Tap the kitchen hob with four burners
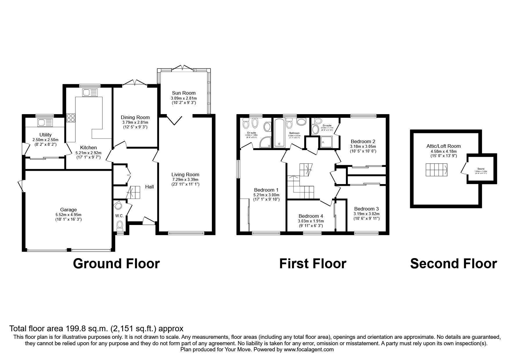71,118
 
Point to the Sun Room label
184,93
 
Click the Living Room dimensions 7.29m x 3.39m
185,179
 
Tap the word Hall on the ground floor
149,187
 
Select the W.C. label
119,216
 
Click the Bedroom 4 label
311,216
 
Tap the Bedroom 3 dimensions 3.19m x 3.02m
366,214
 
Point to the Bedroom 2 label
362,141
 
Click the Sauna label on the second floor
481,168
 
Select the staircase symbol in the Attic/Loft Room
437,170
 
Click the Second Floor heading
453,264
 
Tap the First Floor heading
313,264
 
